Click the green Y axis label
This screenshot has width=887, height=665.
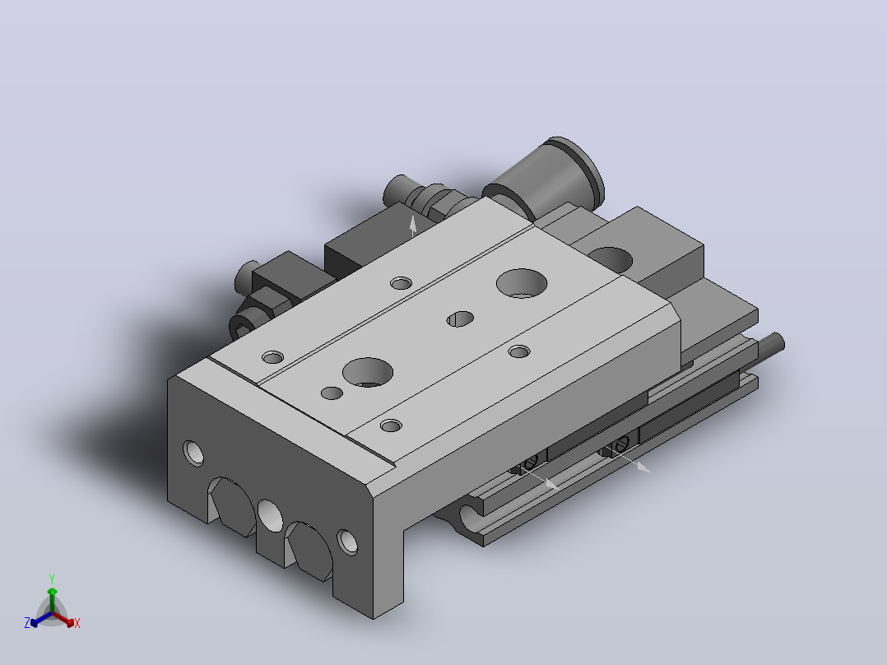[52, 579]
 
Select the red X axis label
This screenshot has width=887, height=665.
[77, 623]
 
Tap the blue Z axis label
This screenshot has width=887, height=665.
[27, 622]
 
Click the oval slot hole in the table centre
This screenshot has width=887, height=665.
[460, 319]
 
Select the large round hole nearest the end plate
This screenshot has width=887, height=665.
[368, 372]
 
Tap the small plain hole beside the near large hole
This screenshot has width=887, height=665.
[332, 393]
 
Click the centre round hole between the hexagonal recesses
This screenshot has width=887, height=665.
[271, 515]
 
